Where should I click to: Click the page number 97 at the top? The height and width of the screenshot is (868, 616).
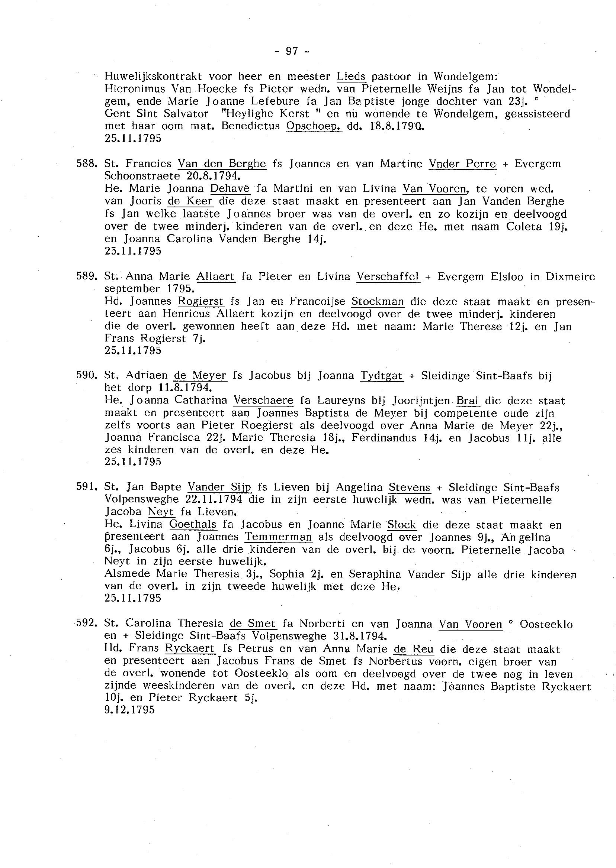[x=292, y=51]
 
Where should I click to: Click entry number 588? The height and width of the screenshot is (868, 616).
[x=85, y=163]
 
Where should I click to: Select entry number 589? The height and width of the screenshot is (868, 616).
[x=85, y=276]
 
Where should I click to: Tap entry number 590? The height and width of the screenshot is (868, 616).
[x=85, y=375]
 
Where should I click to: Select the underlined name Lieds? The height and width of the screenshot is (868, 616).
[x=351, y=77]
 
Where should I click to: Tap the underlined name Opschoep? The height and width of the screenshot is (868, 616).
[x=314, y=126]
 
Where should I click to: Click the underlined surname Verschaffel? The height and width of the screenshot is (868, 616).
[x=388, y=276]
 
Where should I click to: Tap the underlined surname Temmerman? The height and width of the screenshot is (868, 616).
[x=278, y=537]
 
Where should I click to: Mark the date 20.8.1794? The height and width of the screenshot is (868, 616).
[x=214, y=176]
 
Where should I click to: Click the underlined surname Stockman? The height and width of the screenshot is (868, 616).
[x=378, y=302]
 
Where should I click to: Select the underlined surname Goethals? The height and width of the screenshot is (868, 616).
[x=193, y=525]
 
